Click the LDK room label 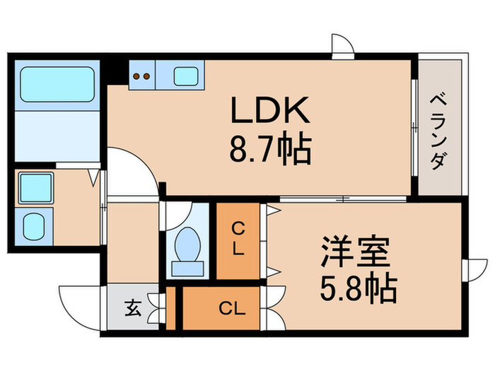(x=268, y=112)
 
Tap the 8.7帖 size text (x=268, y=149)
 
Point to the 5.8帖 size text (x=357, y=288)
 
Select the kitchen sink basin (x=187, y=76)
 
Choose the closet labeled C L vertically (x=238, y=240)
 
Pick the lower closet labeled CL (x=226, y=307)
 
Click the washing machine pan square (x=33, y=188)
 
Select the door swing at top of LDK (x=342, y=46)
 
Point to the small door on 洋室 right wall (x=474, y=272)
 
